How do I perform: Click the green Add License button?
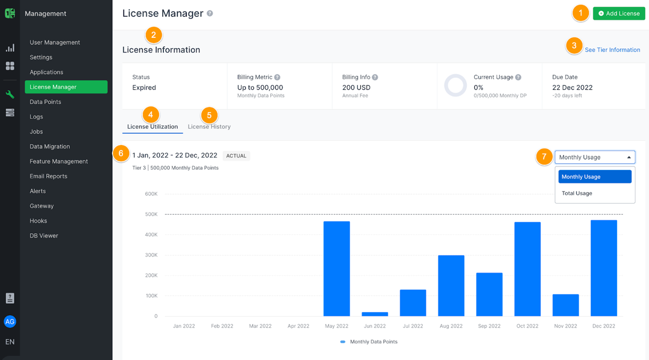click(619, 14)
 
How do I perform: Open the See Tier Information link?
click(612, 50)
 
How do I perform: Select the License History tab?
click(209, 126)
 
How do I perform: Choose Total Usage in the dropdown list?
click(577, 193)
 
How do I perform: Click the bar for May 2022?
click(337, 269)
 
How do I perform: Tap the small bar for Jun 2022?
click(375, 314)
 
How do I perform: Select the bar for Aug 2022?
click(451, 285)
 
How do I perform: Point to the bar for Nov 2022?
click(566, 305)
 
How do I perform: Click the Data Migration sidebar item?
click(50, 146)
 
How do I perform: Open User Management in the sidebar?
click(55, 43)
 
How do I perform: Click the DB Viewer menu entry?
click(44, 236)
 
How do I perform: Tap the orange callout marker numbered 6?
click(121, 153)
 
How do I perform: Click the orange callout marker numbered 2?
click(153, 35)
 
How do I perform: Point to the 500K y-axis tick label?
click(151, 214)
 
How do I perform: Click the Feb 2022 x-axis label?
click(222, 326)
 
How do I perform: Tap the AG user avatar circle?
click(10, 322)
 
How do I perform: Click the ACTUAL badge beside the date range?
click(236, 156)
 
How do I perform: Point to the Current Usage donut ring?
click(455, 86)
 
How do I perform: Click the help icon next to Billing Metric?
click(277, 77)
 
